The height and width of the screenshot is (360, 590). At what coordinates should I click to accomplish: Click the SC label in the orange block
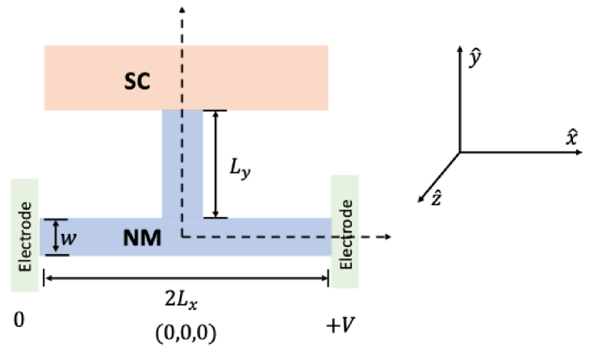click(139, 81)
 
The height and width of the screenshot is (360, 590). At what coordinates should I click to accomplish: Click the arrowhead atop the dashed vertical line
click(183, 8)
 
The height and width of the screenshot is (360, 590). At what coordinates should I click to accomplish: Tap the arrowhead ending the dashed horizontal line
click(388, 237)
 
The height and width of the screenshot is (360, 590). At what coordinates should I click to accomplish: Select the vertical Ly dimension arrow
click(215, 164)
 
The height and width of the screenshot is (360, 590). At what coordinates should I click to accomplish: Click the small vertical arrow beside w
click(54, 237)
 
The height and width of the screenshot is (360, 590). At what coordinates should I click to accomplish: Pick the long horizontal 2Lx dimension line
click(186, 278)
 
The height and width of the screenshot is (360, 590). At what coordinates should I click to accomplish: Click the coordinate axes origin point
click(460, 152)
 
